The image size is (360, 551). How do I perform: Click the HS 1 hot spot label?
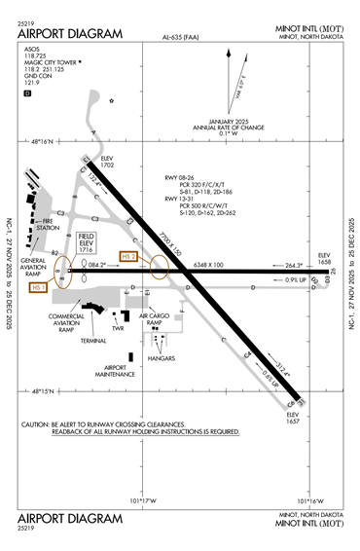coord(39,288)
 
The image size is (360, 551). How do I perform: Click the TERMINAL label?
coord(93,343)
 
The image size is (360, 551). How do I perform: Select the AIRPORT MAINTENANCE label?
coord(115,370)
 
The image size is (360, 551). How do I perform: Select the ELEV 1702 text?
coord(106,163)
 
